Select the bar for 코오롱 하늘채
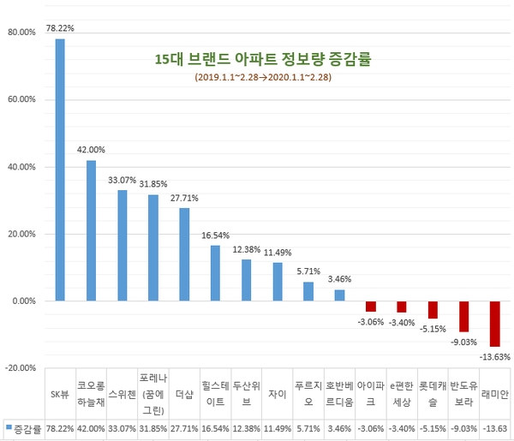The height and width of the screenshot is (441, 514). coord(91,230)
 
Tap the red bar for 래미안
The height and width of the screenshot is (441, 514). coord(494,324)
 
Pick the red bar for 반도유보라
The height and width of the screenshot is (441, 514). coord(463,316)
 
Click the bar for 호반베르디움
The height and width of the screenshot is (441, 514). coord(339,295)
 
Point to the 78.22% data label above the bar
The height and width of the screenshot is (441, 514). coord(60,28)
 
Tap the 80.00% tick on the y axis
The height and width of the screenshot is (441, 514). coord(21,33)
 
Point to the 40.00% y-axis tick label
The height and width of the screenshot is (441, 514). coord(21,167)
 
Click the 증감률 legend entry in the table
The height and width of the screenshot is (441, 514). coord(24,427)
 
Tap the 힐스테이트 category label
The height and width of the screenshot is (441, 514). coord(215,395)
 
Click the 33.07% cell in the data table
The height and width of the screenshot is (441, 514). coord(122,427)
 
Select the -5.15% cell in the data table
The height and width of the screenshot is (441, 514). coord(433,427)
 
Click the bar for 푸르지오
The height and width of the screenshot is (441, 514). coord(308,292)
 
